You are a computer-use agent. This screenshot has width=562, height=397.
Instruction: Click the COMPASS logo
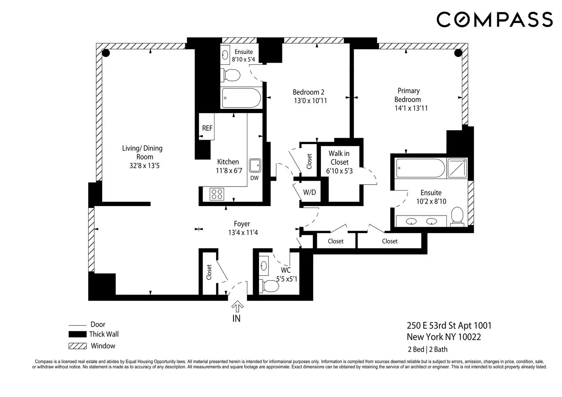tap(494, 19)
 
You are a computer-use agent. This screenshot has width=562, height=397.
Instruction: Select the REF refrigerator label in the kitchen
tap(207, 128)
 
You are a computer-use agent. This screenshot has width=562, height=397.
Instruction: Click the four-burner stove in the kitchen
tap(217, 194)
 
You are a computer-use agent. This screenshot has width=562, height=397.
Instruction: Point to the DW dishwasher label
tap(254, 178)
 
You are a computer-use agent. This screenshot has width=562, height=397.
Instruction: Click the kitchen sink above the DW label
tap(255, 165)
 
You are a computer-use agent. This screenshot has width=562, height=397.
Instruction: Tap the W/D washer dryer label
tap(309, 193)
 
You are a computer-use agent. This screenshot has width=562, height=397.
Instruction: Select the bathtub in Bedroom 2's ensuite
tap(241, 97)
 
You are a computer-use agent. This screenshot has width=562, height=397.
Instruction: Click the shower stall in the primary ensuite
tap(457, 168)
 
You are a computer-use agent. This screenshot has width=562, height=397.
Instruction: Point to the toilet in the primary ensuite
tap(458, 217)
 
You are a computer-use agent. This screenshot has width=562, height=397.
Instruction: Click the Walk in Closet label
tap(339, 158)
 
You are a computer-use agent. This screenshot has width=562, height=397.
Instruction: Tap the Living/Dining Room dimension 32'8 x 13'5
tap(144, 166)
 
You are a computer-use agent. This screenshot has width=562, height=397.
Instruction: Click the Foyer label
tap(242, 224)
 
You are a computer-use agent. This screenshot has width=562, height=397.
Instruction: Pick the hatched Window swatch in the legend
tap(77, 346)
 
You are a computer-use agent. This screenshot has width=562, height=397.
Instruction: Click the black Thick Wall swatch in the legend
tap(77, 334)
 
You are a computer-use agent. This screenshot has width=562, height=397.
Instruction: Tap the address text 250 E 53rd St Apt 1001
tap(449, 326)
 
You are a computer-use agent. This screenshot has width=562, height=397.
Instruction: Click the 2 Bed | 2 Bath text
tap(427, 349)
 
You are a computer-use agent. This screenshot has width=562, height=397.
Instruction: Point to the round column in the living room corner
tap(106, 53)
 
